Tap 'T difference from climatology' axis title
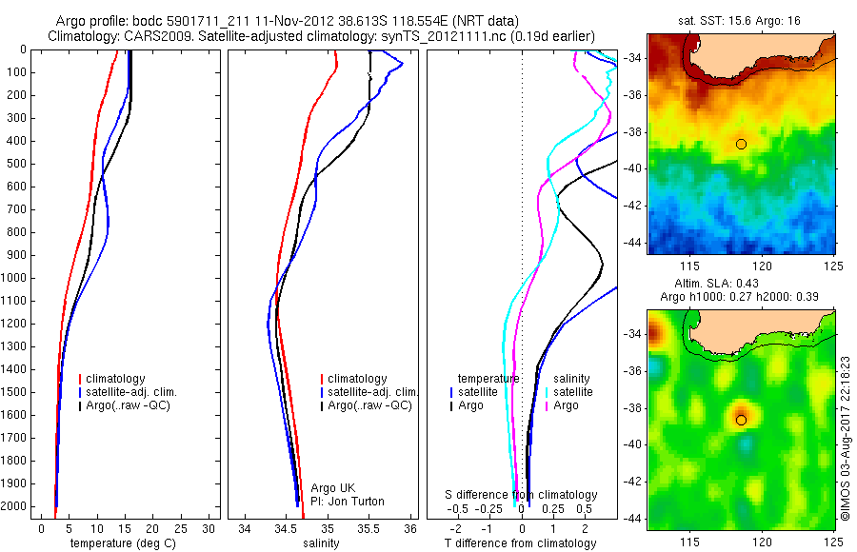pyautogui.click(x=520, y=543)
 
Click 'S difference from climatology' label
pyautogui.click(x=522, y=495)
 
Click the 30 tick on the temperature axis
pyautogui.click(x=209, y=528)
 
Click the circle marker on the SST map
pyautogui.click(x=742, y=144)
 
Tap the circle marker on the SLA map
pyautogui.click(x=742, y=420)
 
